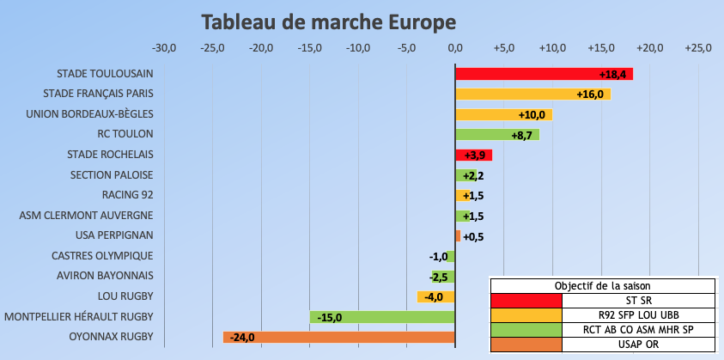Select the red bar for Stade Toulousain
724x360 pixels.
[544, 74]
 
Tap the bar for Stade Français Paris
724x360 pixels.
[532, 95]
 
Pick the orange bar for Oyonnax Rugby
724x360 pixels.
[339, 337]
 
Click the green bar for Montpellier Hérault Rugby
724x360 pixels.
[382, 317]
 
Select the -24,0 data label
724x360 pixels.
[243, 337]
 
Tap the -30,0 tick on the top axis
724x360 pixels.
[164, 47]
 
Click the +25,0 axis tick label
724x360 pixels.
[697, 47]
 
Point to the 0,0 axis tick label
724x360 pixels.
[455, 47]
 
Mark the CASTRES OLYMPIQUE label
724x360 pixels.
[102, 255]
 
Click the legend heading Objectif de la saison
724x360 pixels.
[602, 286]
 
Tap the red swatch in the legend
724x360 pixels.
[526, 300]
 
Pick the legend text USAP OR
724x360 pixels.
[638, 344]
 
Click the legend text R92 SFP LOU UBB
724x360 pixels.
[638, 314]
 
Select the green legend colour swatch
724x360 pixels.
[526, 329]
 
